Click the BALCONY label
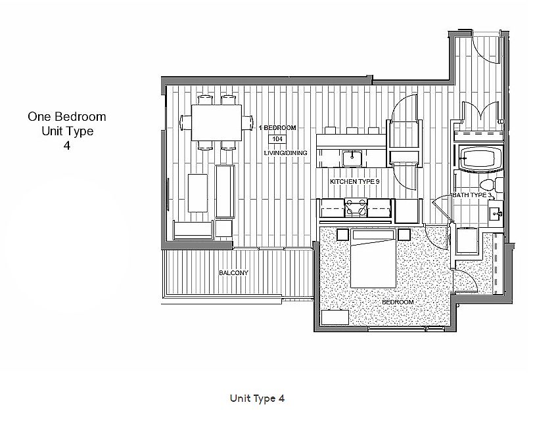pyautogui.click(x=233, y=272)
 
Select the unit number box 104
pyautogui.click(x=277, y=139)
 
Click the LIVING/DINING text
pyautogui.click(x=286, y=153)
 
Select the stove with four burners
pyautogui.click(x=356, y=207)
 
